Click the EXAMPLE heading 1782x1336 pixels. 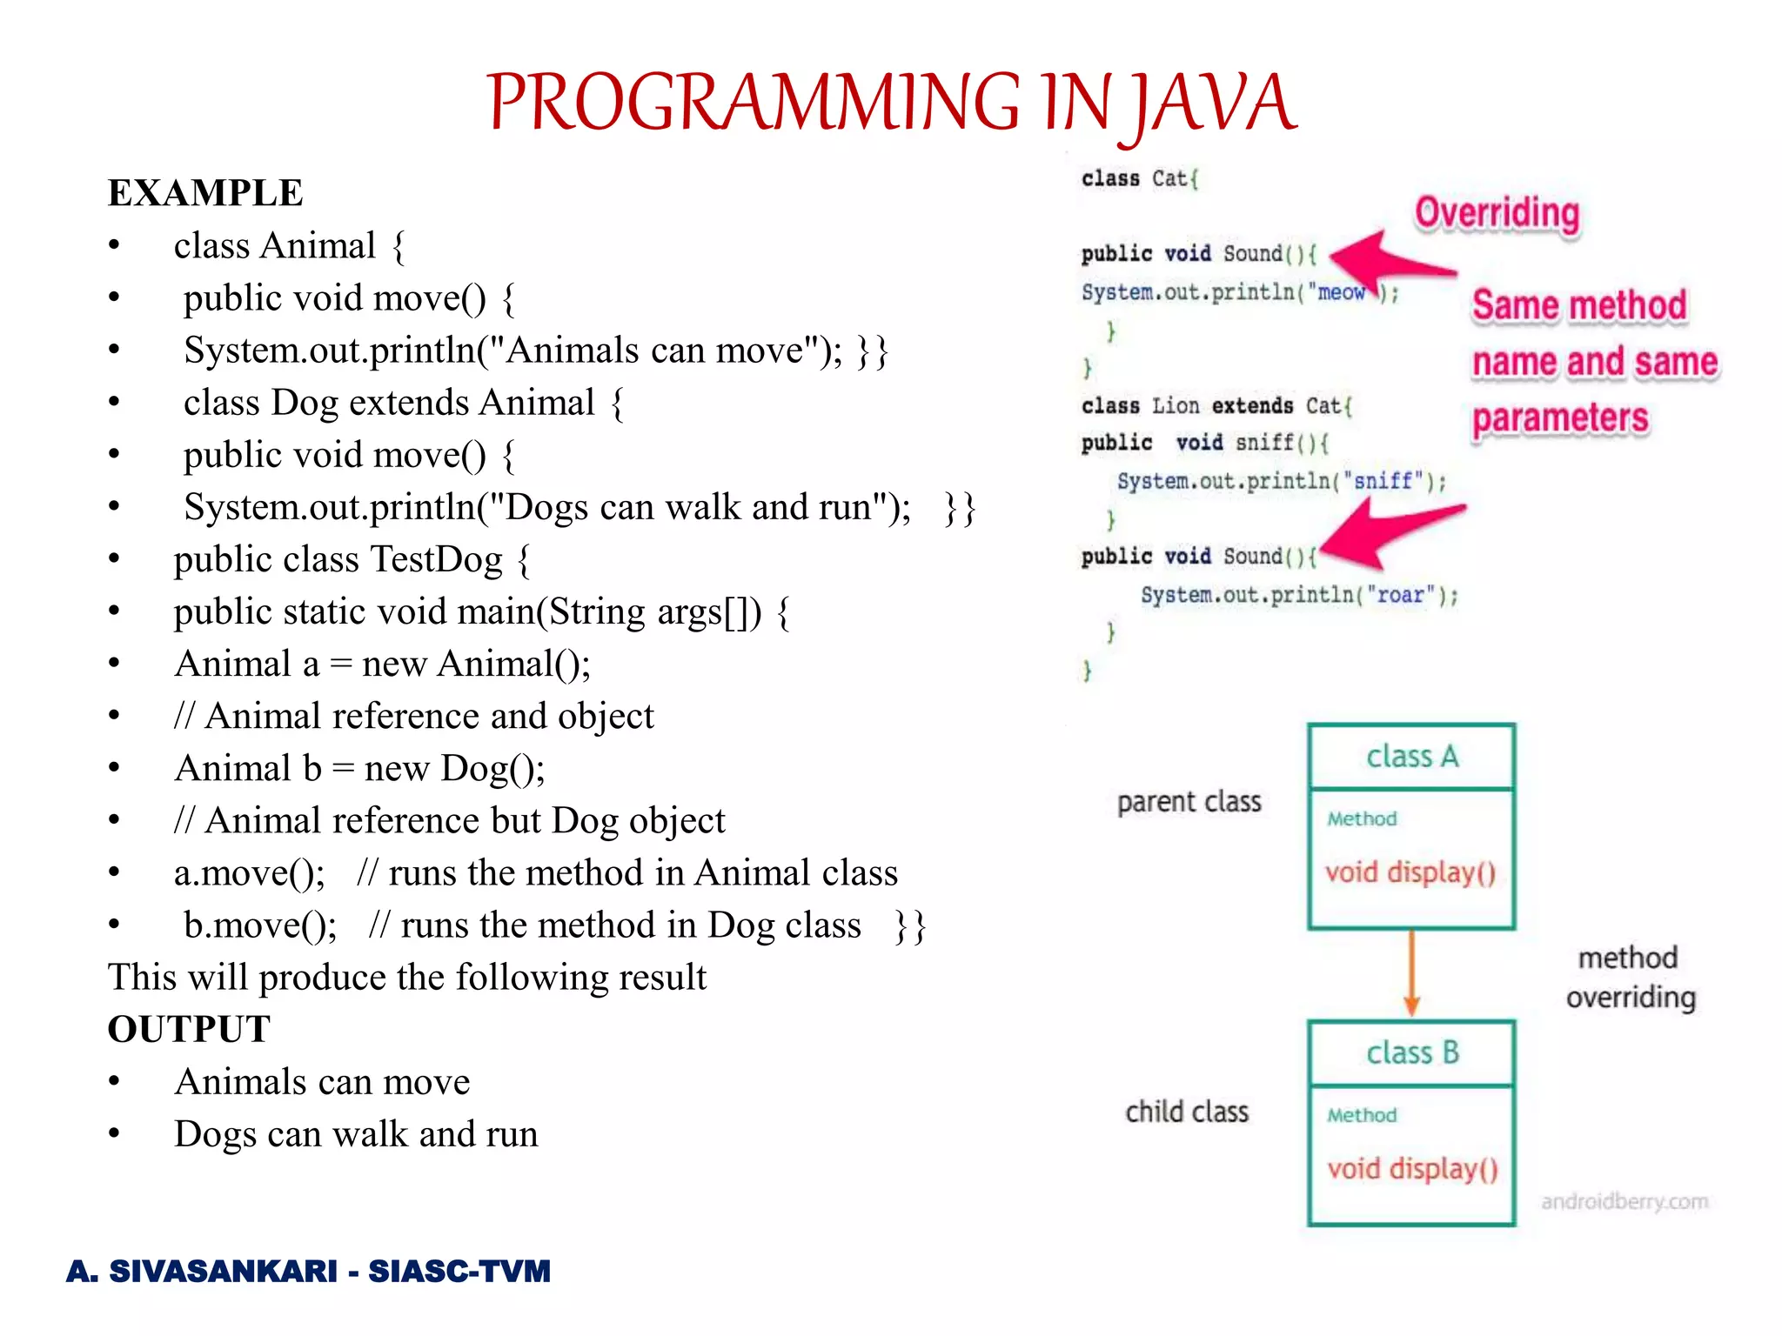[x=205, y=193]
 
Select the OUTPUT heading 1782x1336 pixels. [x=189, y=1030]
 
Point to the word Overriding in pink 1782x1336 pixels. [x=1497, y=213]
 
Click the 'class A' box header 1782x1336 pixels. [x=1411, y=757]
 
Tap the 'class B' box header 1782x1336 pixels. [x=1411, y=1053]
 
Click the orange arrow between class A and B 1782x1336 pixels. [x=1411, y=973]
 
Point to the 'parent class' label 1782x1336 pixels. [x=1189, y=802]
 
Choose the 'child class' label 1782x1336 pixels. [x=1187, y=1112]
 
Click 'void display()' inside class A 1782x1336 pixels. [x=1410, y=872]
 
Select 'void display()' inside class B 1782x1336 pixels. [x=1412, y=1169]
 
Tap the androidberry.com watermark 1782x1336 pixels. [x=1625, y=1202]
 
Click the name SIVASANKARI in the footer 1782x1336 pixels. [x=223, y=1272]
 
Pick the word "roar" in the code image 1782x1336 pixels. [x=1400, y=596]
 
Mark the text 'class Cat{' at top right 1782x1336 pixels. [x=1140, y=179]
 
